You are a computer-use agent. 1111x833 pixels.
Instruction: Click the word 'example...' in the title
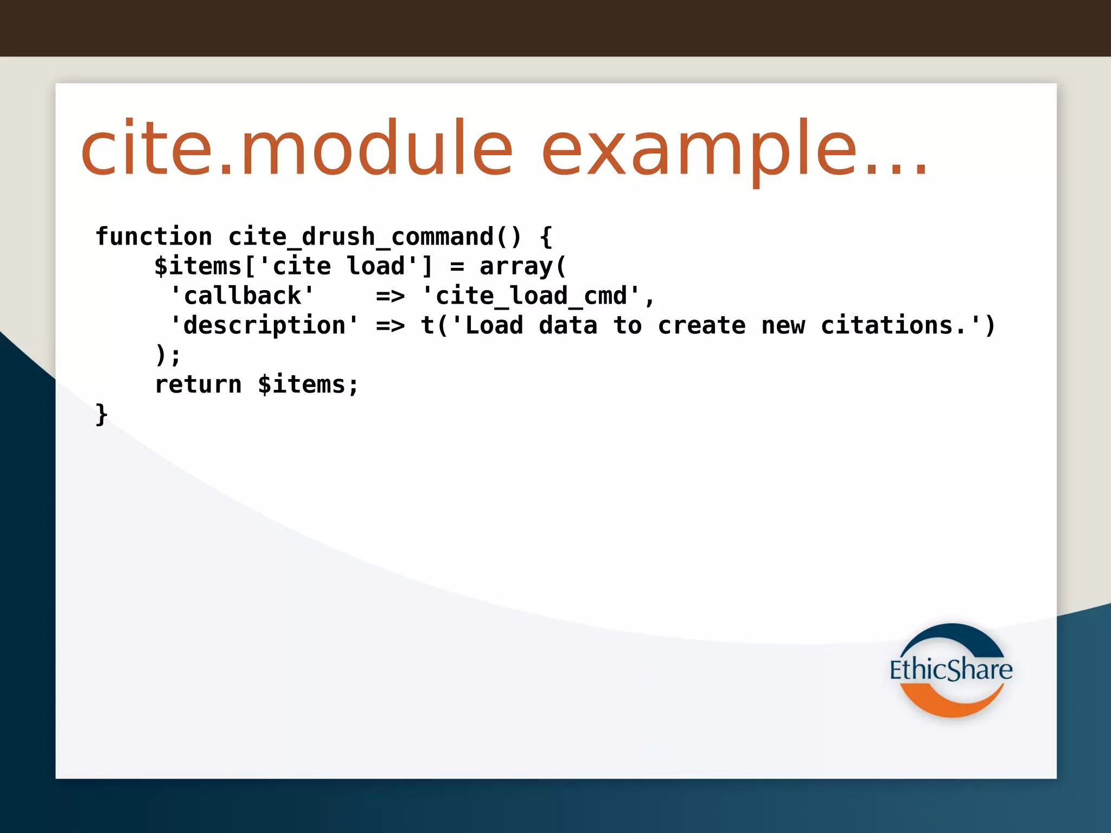(x=735, y=149)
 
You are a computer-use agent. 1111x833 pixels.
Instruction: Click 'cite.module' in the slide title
(x=296, y=149)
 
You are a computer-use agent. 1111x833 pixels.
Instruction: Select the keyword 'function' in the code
(x=154, y=237)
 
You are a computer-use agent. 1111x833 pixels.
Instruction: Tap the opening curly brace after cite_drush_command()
(x=546, y=237)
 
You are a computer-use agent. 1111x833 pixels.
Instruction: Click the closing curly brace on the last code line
(x=101, y=414)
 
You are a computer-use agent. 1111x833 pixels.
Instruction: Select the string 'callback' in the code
(x=242, y=296)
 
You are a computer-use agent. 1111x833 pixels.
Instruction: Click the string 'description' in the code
(x=264, y=325)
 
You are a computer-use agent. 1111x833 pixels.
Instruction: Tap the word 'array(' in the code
(x=523, y=266)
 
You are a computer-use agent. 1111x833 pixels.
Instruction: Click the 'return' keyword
(x=198, y=385)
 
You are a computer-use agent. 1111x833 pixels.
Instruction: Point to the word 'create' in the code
(x=701, y=325)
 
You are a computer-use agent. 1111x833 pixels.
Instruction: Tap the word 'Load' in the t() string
(x=494, y=325)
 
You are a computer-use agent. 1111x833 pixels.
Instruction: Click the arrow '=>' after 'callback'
(x=391, y=296)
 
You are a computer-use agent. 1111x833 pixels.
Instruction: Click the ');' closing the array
(x=168, y=355)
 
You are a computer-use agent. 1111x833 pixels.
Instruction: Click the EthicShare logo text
(x=950, y=670)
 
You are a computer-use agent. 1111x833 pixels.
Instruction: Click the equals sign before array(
(x=457, y=266)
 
